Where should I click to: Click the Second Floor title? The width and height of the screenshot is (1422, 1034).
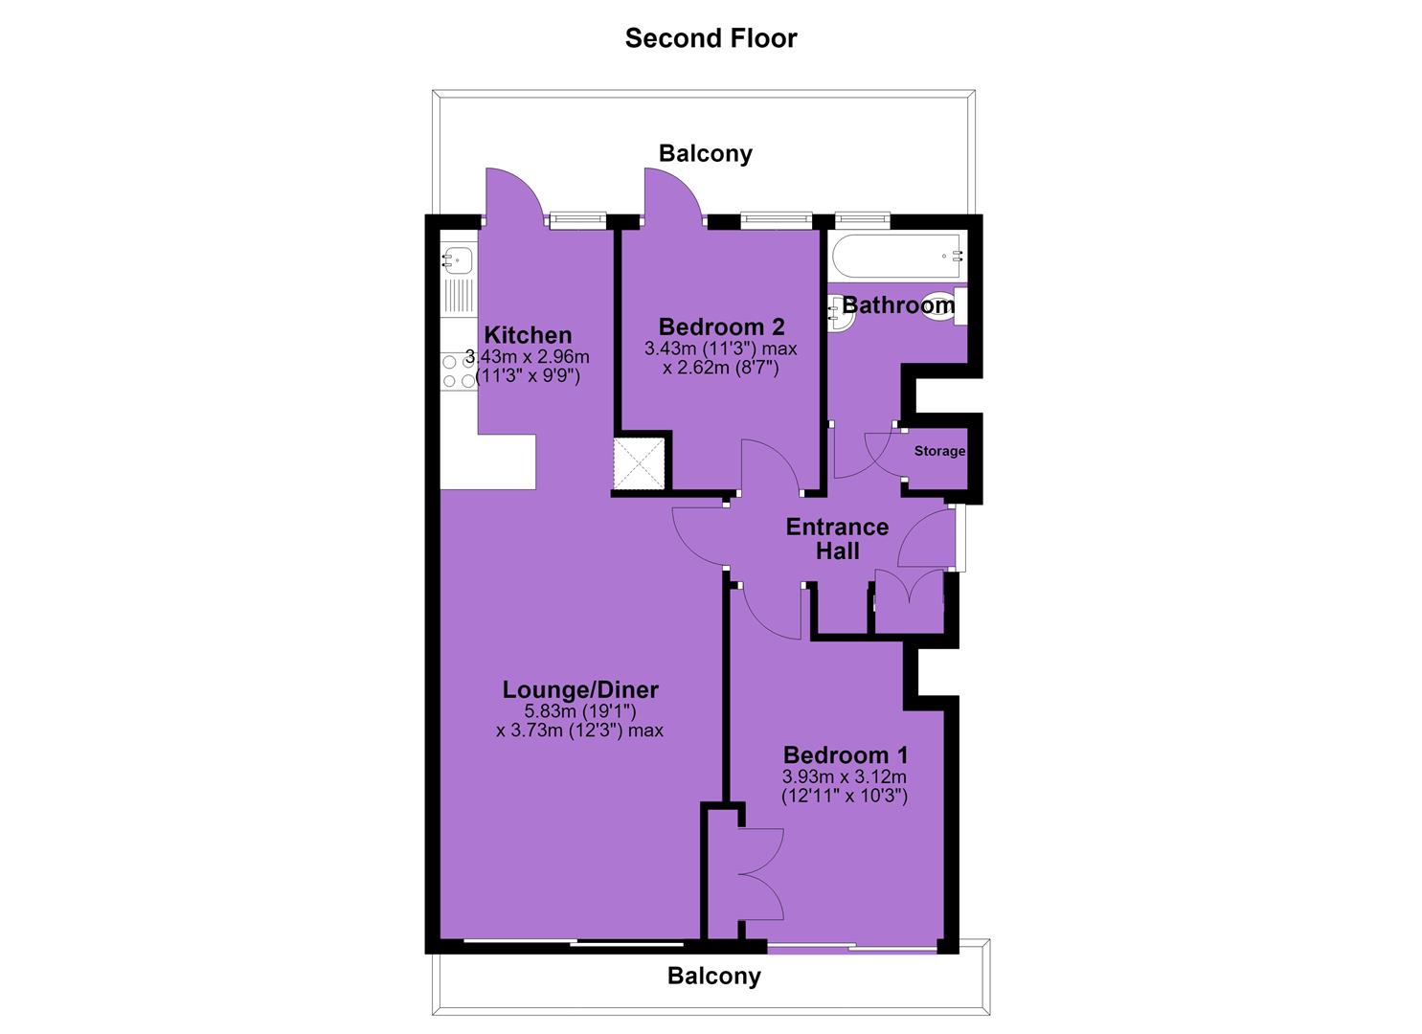coord(711,38)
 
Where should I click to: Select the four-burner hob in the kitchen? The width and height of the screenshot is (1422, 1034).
coord(459,371)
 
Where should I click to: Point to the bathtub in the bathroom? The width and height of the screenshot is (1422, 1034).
coord(897,257)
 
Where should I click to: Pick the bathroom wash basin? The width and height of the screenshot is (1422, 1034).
coord(842,311)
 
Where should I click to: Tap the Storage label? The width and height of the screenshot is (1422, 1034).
coord(939,451)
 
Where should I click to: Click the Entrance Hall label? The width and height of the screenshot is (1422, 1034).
coord(837,538)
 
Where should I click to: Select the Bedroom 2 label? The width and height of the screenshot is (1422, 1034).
coord(721,326)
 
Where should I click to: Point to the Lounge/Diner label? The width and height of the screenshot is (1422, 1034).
coord(580,689)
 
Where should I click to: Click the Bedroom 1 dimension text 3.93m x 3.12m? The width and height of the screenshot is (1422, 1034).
coord(845,776)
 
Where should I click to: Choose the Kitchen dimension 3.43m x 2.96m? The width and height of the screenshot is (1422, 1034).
coord(528,357)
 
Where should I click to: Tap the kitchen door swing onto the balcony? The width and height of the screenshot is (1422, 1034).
coord(513,193)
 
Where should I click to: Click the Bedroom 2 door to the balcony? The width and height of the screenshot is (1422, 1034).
coord(673,193)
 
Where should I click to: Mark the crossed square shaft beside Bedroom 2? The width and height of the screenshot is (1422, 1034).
coord(639,463)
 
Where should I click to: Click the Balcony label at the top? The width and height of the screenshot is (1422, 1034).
coord(706,153)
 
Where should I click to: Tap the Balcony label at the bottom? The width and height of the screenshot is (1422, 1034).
coord(714,976)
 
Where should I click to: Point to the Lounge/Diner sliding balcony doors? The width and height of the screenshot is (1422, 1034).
coord(574,943)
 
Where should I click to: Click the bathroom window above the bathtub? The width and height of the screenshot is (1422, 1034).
coord(863,219)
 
